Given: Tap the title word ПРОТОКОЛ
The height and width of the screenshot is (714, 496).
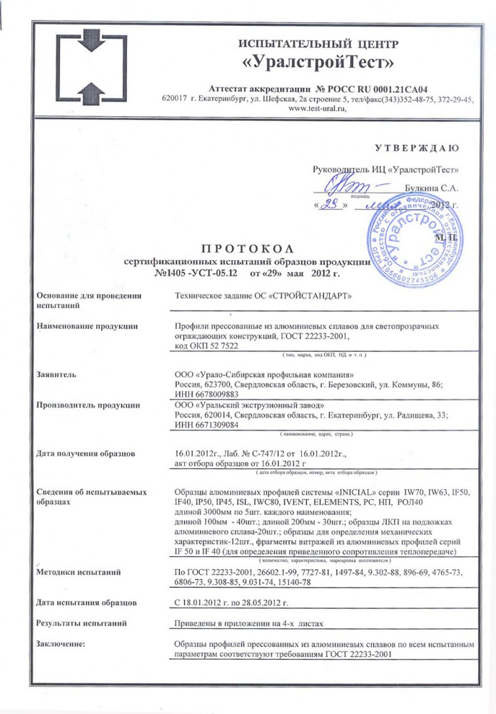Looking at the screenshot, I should [247, 248].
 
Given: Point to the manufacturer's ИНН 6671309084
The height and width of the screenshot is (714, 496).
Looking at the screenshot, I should [207, 426].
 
